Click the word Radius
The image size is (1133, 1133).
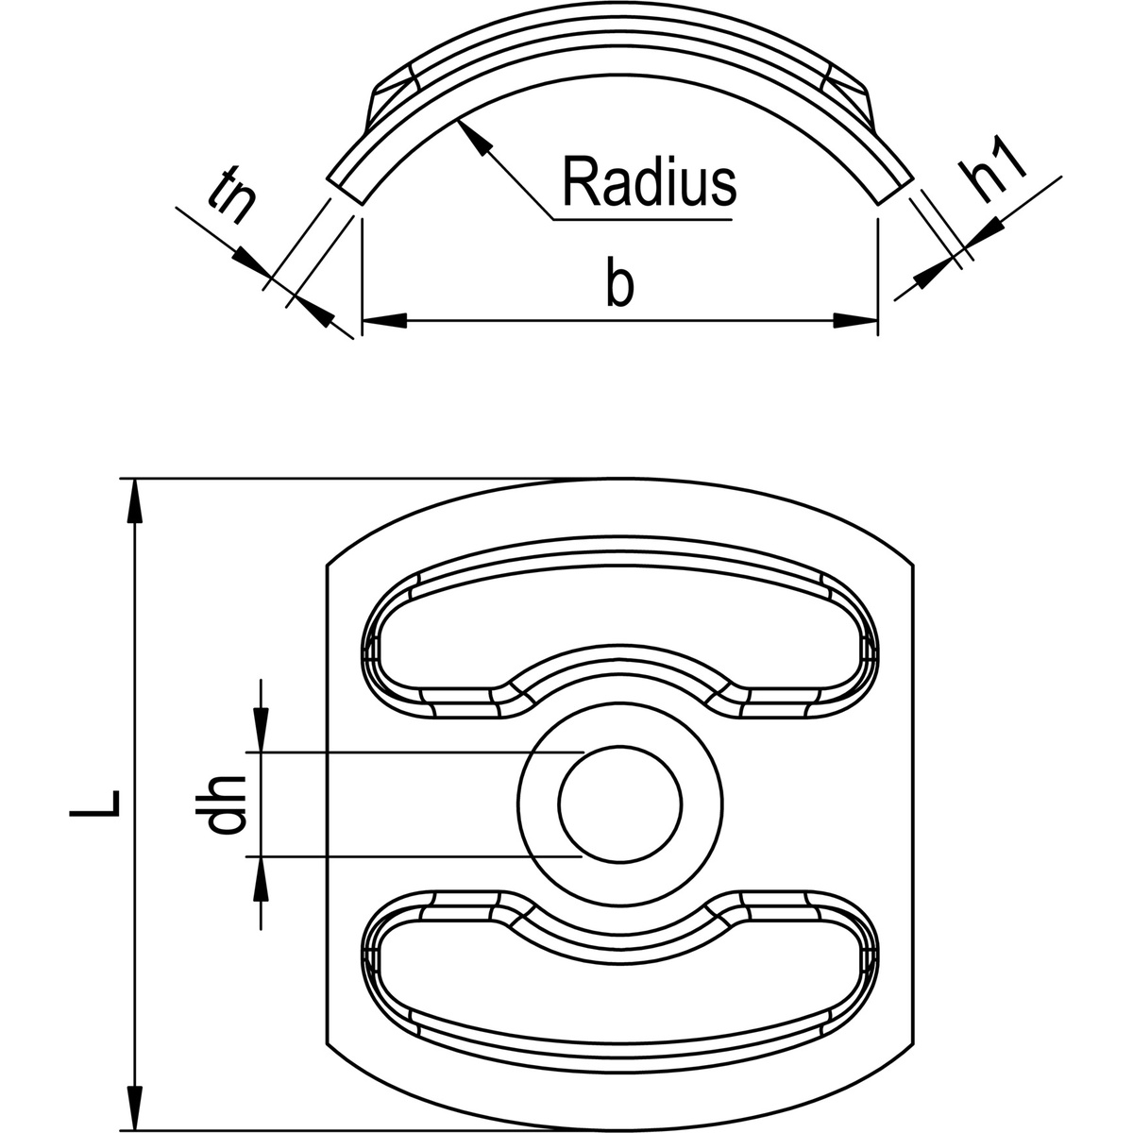(x=648, y=182)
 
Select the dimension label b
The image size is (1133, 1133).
(x=619, y=284)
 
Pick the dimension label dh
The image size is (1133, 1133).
(x=225, y=804)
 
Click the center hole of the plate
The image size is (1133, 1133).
(x=619, y=803)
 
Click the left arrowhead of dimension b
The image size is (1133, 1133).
(x=383, y=322)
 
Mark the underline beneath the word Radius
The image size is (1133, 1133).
(x=642, y=219)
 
